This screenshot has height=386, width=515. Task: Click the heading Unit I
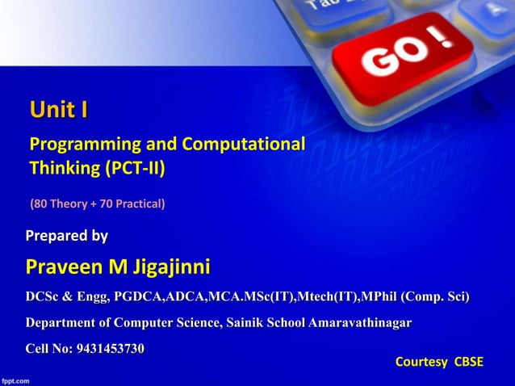coord(59,109)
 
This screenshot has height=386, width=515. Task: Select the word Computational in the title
coord(244,145)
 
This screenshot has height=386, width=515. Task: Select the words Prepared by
coord(67,236)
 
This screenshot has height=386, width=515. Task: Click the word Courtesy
coord(421,362)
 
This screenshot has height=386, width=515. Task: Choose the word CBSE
coord(469,362)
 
